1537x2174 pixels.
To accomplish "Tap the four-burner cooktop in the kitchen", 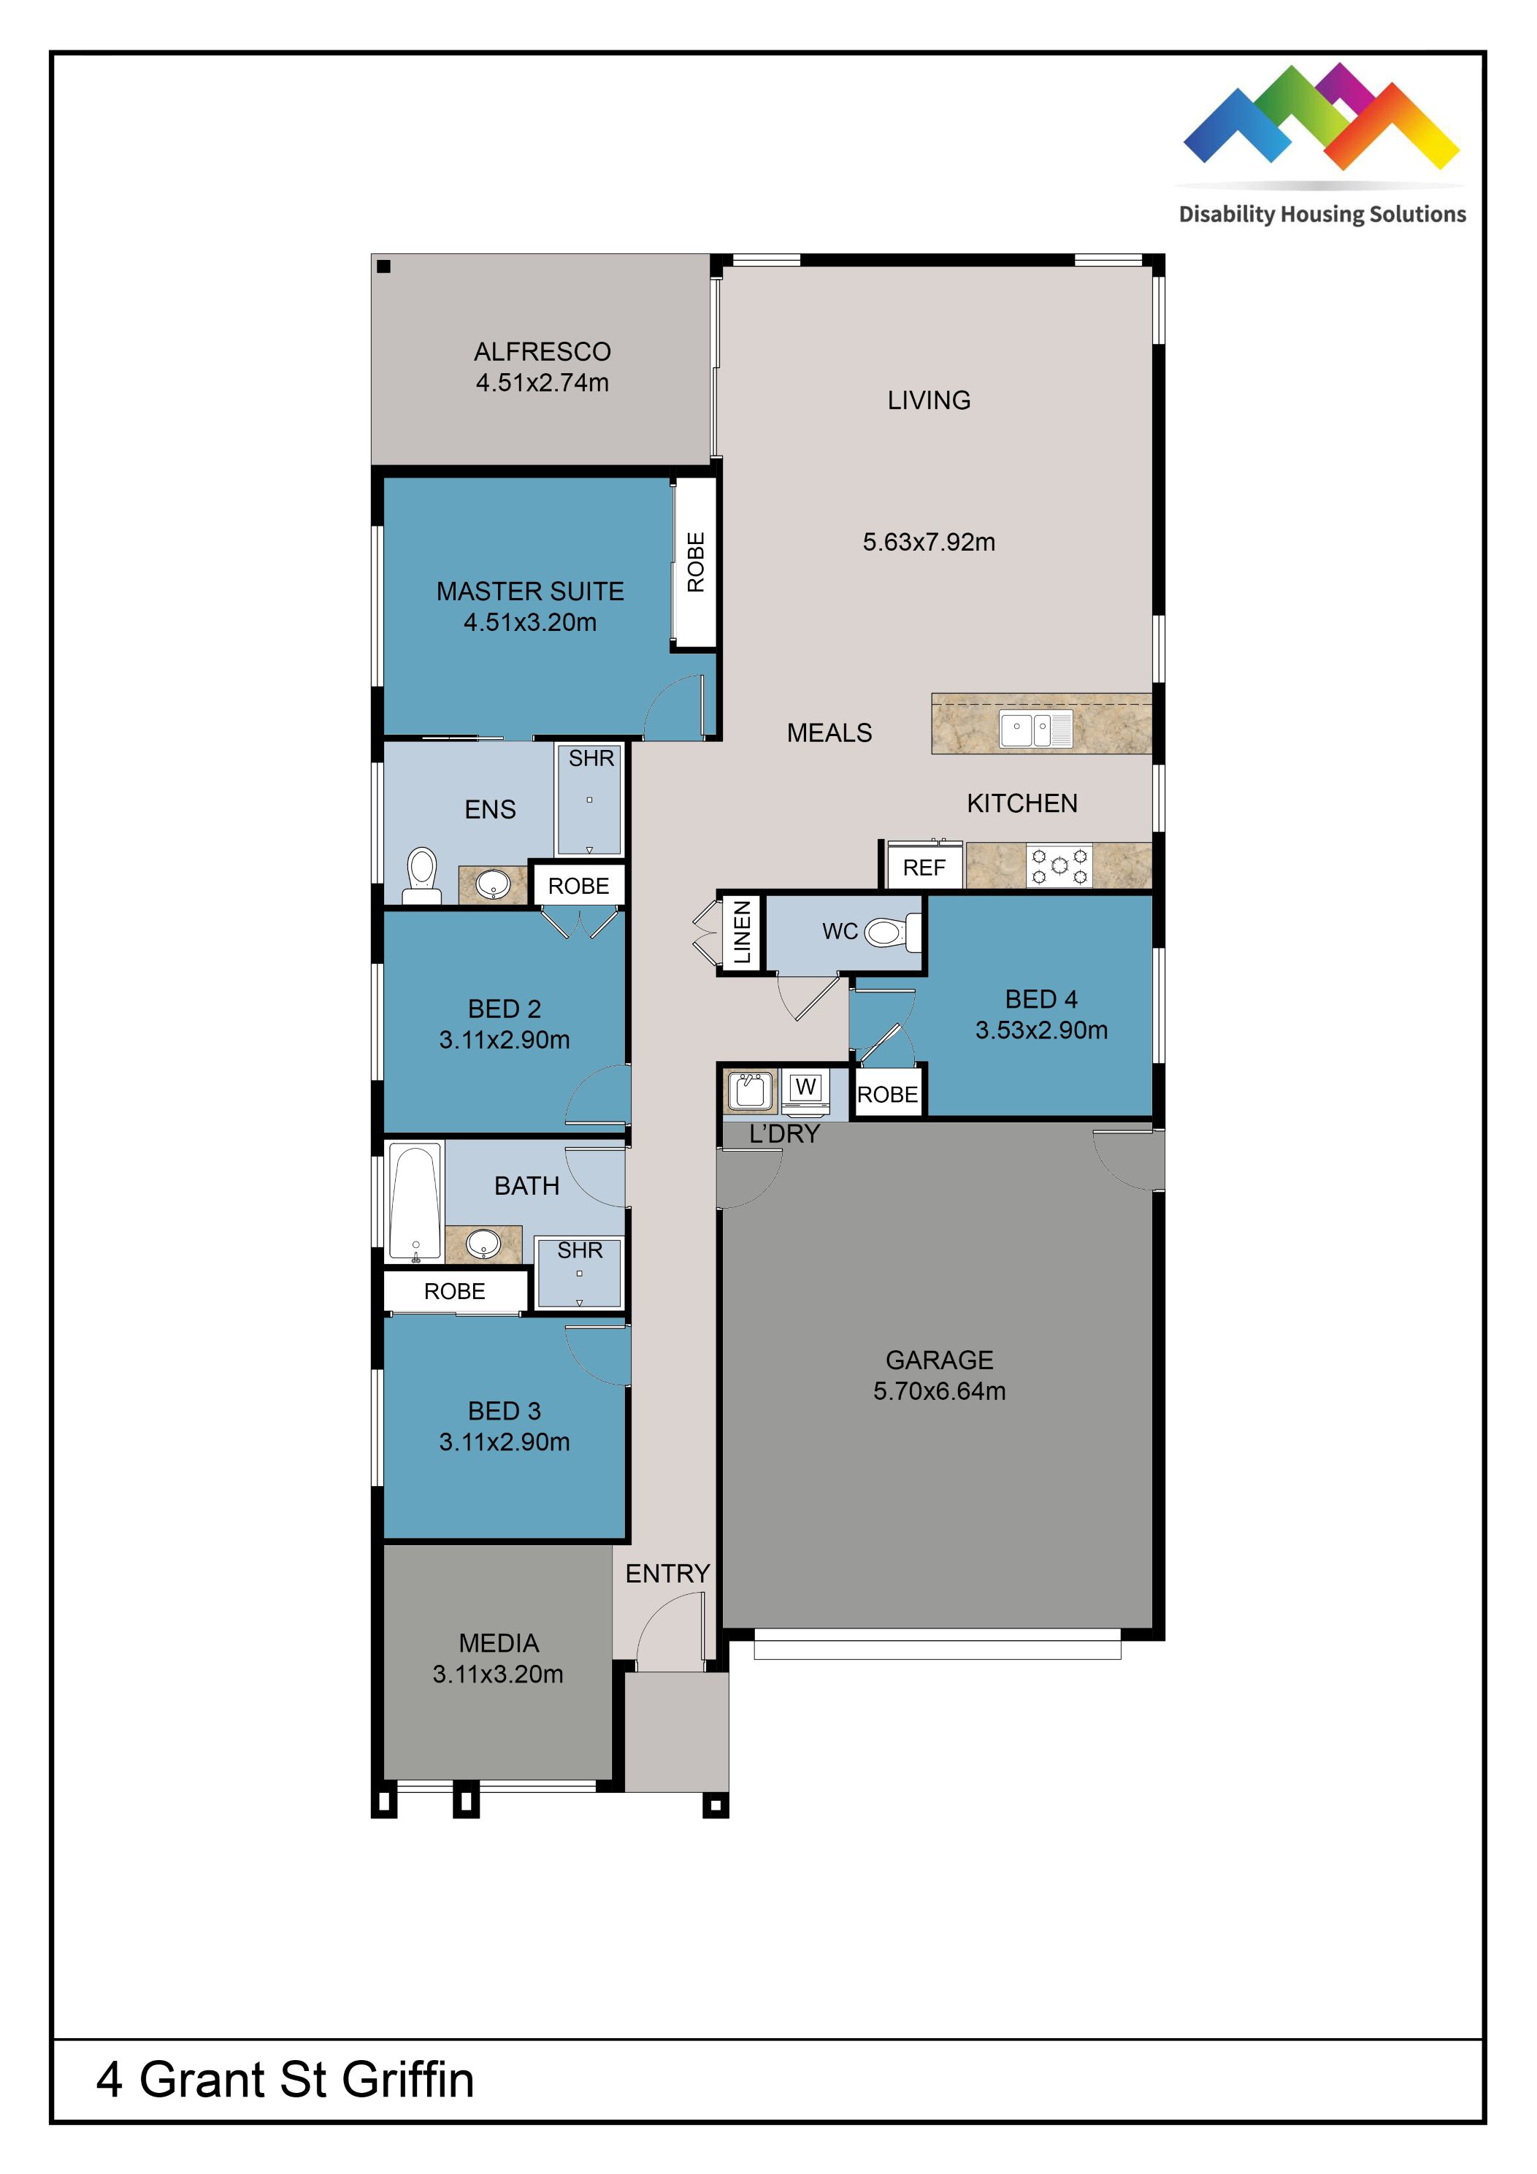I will [x=1059, y=865].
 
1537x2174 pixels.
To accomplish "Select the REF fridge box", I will [x=924, y=868].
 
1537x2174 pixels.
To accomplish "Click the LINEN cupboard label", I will [x=743, y=932].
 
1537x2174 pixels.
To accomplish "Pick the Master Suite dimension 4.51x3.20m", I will [x=529, y=622].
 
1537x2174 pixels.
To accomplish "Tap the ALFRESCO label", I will [x=542, y=351].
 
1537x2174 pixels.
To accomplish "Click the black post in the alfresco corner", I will [x=383, y=266].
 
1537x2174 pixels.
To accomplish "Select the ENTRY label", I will [x=667, y=1573].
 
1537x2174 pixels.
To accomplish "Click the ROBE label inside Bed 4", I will [x=886, y=1095].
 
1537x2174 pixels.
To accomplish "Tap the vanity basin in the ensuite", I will [x=492, y=884].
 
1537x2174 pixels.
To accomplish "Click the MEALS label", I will [x=829, y=733].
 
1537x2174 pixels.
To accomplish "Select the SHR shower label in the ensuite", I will [x=591, y=759].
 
